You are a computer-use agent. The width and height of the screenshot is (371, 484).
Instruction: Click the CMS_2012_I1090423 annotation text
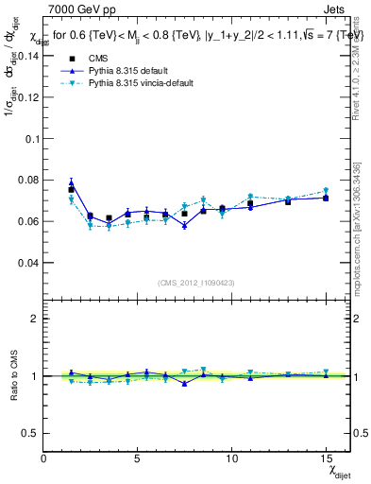point(196,284)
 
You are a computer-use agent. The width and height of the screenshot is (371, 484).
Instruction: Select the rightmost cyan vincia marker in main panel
point(326,191)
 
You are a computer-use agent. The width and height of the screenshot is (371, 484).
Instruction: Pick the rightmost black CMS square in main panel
point(326,198)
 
